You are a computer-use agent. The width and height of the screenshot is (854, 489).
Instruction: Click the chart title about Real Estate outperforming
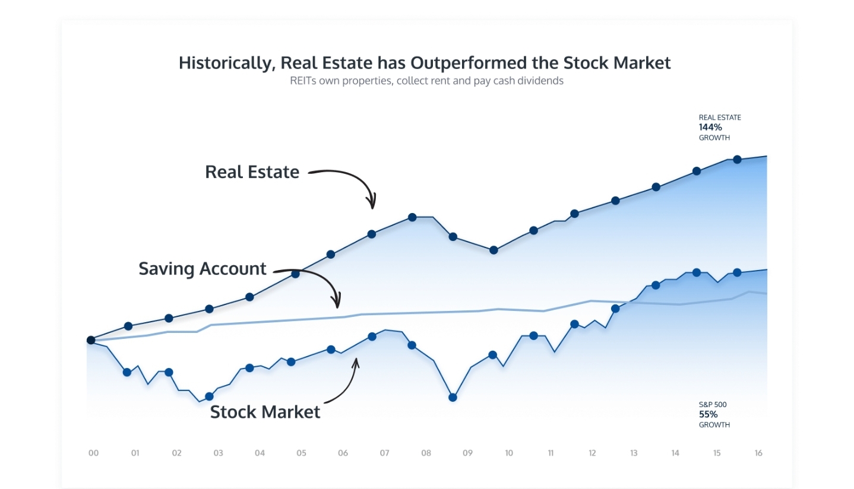point(425,63)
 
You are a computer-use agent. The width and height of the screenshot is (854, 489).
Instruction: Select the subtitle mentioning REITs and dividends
point(426,81)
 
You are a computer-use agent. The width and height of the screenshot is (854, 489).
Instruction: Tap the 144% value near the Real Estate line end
point(710,127)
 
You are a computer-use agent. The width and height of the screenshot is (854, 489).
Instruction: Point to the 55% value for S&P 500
point(708,414)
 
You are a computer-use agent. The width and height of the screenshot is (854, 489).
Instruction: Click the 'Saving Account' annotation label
point(202,269)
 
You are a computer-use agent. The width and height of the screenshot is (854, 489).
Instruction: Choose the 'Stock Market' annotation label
point(265,412)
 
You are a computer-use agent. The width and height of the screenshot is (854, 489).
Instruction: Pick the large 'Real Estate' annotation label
point(252,172)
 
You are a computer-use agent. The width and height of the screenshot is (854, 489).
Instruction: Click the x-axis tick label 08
point(426,453)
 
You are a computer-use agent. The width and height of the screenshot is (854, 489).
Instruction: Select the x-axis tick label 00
point(93,453)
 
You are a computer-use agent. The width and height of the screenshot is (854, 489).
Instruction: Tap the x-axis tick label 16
point(758,453)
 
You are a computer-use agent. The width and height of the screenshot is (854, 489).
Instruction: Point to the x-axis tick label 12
point(592,453)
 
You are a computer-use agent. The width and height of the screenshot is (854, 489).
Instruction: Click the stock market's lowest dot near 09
point(453,398)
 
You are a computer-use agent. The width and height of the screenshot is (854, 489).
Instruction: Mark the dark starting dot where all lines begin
point(91,340)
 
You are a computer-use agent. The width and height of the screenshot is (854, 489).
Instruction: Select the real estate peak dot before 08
point(412,217)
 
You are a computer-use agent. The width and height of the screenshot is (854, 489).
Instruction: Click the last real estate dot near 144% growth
point(737,160)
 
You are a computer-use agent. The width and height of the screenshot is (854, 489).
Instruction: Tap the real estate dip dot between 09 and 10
point(494,250)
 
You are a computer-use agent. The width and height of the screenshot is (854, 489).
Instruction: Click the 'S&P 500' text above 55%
point(713,405)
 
